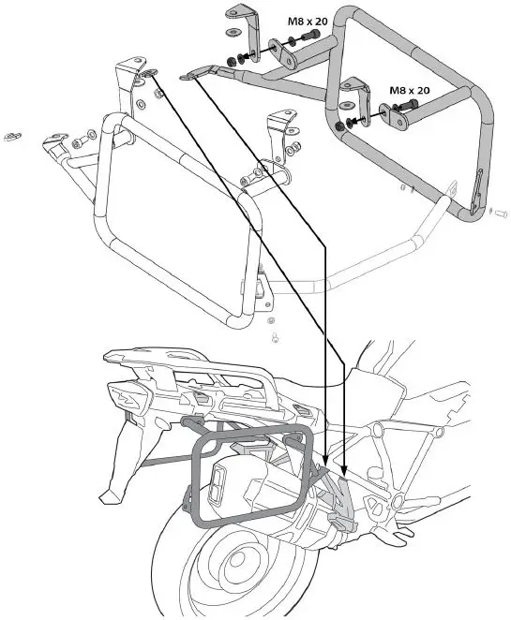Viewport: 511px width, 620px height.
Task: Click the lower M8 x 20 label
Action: click(x=409, y=90)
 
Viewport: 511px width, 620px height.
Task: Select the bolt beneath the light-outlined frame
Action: click(x=273, y=332)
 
